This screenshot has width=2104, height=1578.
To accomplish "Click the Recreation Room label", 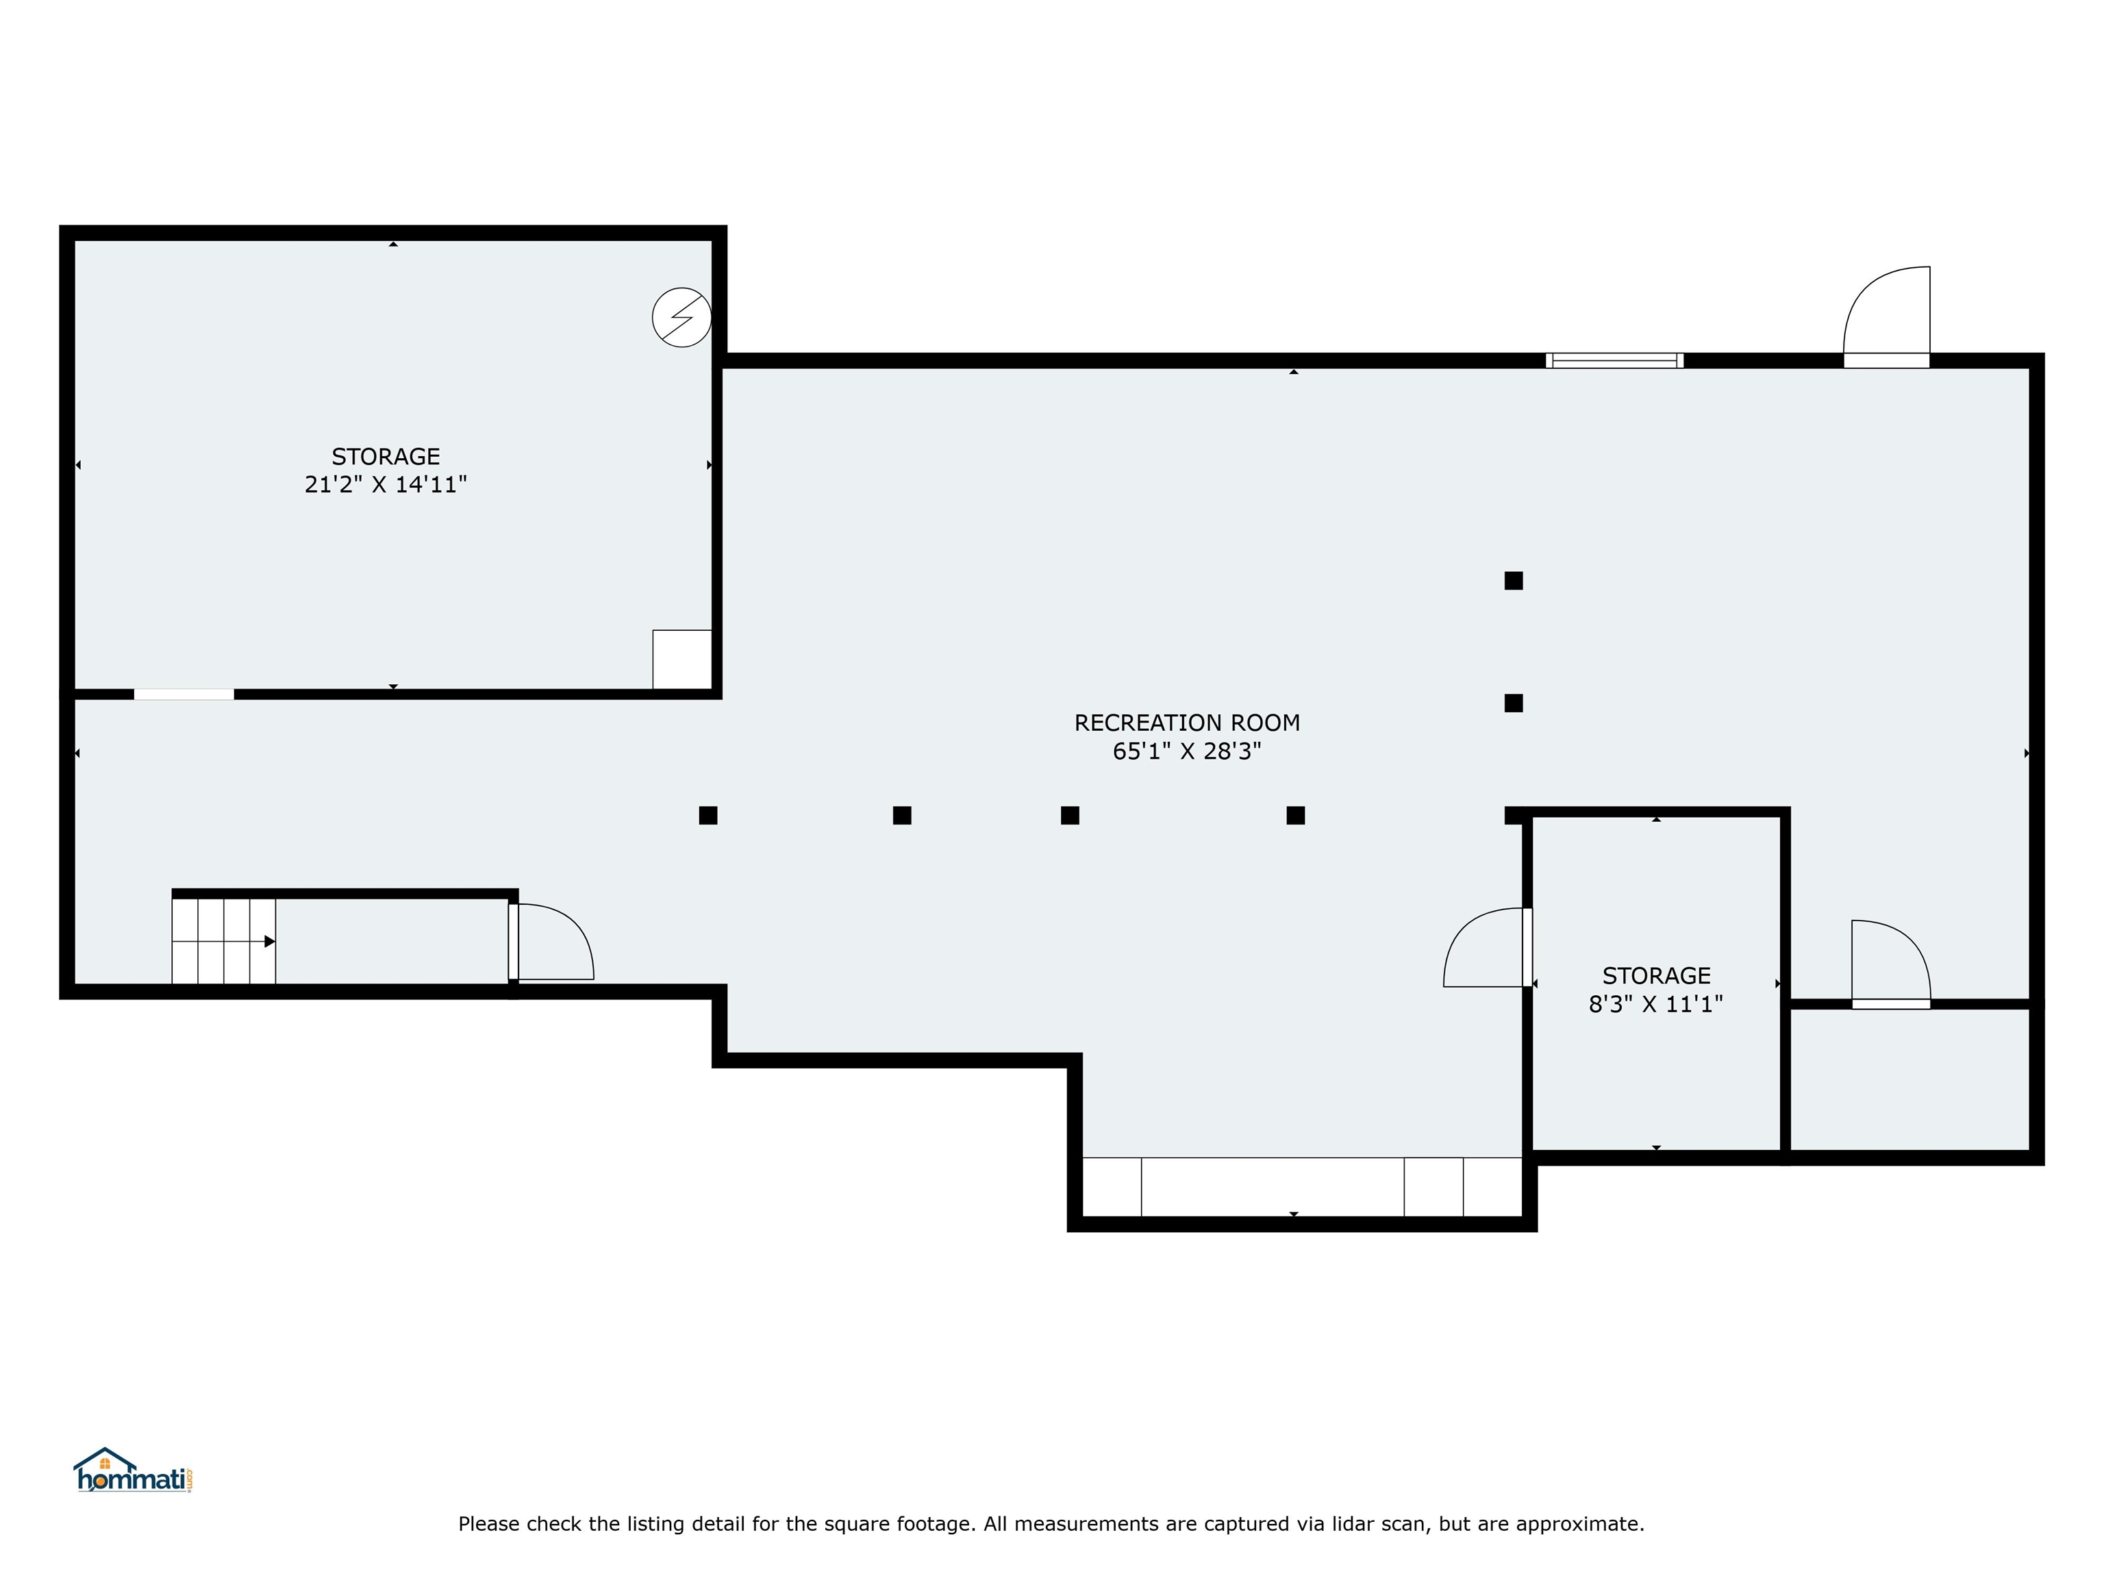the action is [1186, 723].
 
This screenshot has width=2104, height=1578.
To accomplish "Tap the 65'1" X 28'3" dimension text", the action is [1186, 751].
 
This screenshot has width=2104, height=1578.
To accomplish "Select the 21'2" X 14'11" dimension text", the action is [385, 484].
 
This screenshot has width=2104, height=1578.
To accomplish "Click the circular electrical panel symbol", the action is [681, 316].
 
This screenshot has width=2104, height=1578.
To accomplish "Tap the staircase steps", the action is [223, 941].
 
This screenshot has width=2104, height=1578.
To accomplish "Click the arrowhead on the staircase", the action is [269, 942].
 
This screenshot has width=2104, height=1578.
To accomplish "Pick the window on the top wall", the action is [1614, 360].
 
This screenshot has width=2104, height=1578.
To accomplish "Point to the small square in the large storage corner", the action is [682, 659].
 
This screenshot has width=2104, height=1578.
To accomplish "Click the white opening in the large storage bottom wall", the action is [184, 694].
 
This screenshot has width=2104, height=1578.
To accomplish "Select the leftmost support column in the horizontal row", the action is [707, 815].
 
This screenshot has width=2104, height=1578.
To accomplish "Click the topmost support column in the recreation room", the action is [1514, 580].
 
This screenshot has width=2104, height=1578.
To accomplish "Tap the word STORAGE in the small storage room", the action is [1656, 976].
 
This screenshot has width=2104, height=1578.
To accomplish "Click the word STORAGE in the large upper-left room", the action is [385, 457].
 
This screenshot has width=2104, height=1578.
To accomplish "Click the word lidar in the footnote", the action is [1399, 1524].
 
